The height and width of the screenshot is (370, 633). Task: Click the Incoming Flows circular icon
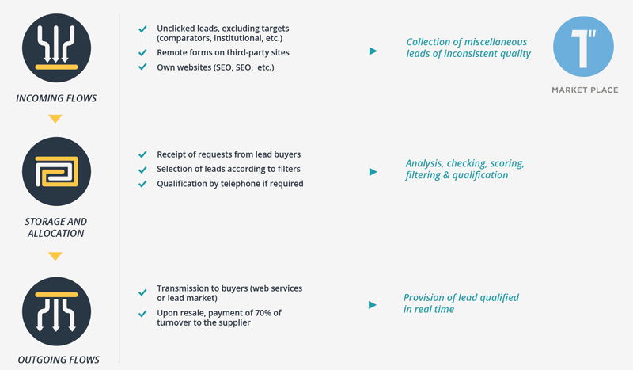point(56,48)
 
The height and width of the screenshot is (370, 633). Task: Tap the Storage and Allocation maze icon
point(56,171)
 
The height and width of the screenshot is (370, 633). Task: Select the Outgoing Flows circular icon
point(56,311)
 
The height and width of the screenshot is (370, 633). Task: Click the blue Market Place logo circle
point(583,47)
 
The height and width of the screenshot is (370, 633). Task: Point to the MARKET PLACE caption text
point(585,90)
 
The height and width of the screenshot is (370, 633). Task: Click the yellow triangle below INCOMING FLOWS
point(55,119)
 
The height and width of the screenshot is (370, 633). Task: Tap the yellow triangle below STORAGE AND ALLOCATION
point(55,257)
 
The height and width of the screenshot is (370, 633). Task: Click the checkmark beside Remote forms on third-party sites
point(142,53)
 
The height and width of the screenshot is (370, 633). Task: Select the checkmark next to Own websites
point(142,67)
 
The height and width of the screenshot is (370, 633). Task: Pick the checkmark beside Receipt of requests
point(142,154)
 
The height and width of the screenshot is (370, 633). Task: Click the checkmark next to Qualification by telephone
point(142,184)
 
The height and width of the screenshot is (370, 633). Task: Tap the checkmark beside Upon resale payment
point(142,314)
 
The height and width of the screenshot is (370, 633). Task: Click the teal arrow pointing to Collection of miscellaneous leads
point(373,51)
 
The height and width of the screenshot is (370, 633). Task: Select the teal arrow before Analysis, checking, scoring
point(373,172)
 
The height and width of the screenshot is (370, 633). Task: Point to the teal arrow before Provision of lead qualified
point(373,305)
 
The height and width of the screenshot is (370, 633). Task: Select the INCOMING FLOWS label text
point(56,98)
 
